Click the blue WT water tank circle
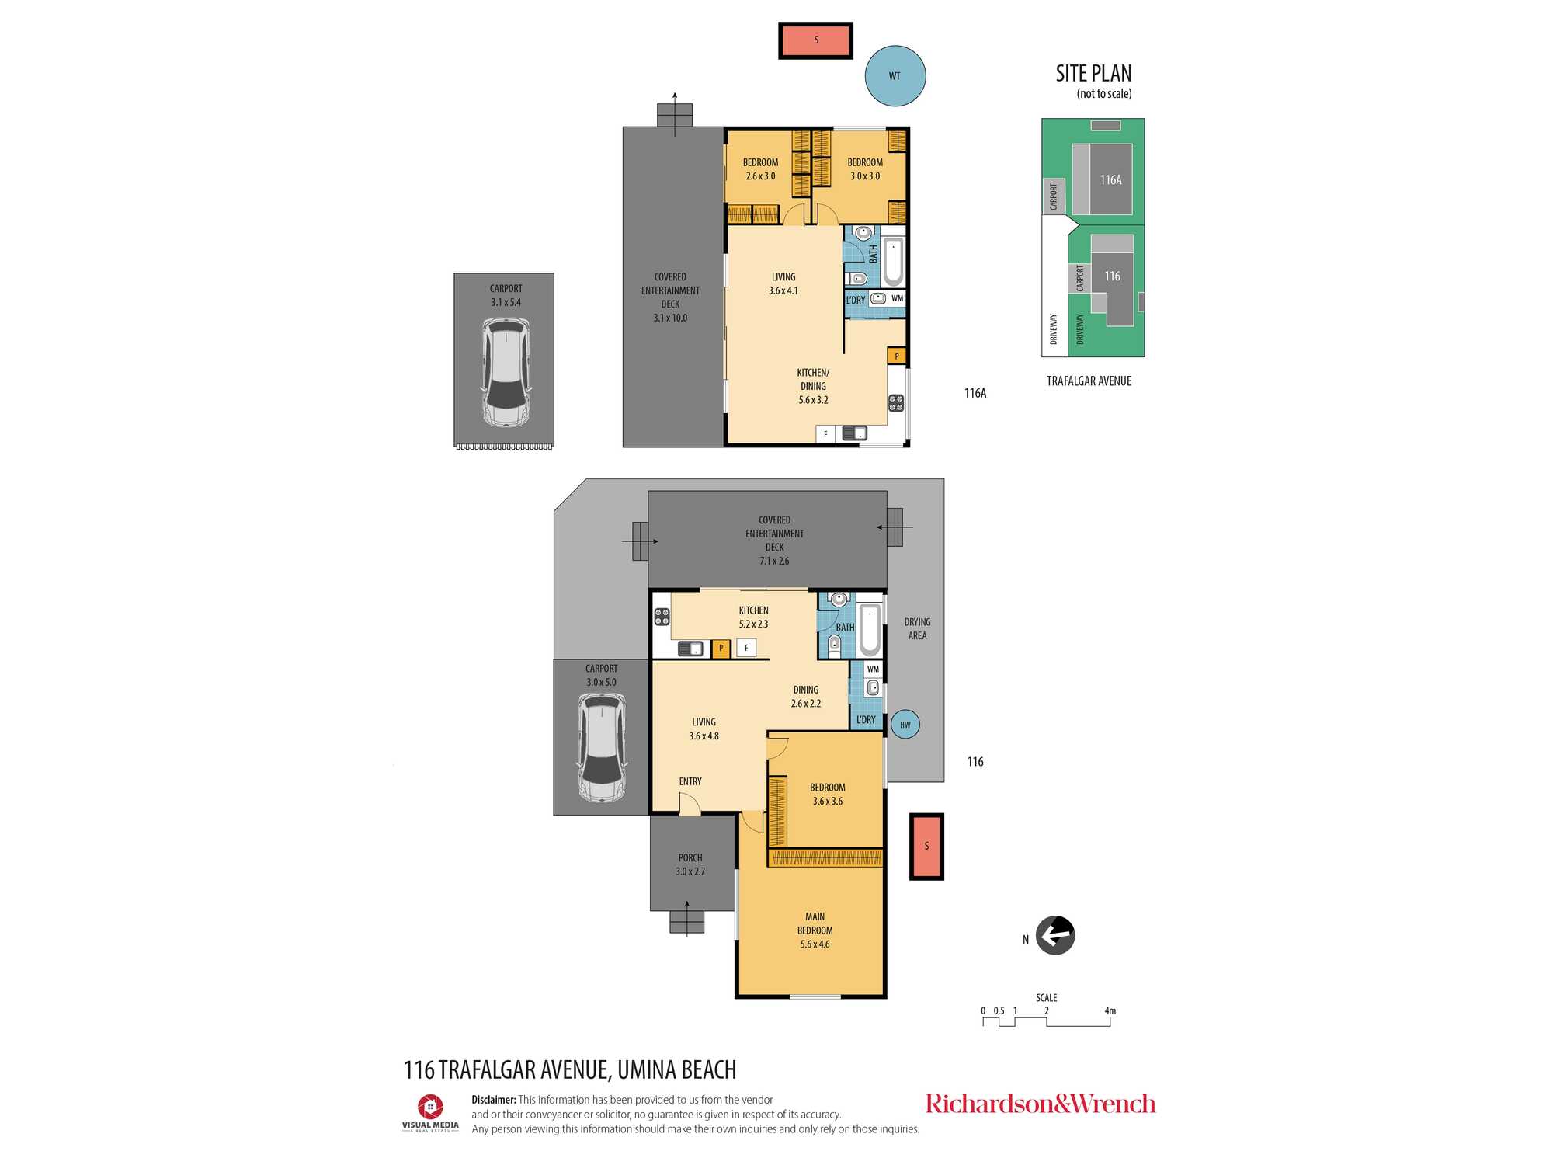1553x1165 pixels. [x=895, y=76]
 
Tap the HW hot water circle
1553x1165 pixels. [x=905, y=725]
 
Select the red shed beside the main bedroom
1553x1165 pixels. [x=926, y=847]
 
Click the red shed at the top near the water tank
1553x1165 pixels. [x=816, y=40]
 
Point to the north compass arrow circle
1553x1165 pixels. [x=1055, y=935]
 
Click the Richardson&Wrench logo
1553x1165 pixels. [x=1041, y=1104]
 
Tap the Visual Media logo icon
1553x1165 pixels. [x=430, y=1106]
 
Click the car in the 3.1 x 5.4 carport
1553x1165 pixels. [x=506, y=373]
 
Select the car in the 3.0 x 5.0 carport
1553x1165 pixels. [x=602, y=749]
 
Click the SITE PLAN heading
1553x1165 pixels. [x=1093, y=74]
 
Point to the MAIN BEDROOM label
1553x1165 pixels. [x=815, y=923]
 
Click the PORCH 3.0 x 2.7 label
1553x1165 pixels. [x=690, y=864]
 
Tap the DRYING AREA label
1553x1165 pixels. [x=917, y=629]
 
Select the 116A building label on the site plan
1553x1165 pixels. [x=1110, y=180]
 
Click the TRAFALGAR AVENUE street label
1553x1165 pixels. [x=1089, y=381]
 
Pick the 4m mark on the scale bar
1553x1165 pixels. [x=1110, y=1011]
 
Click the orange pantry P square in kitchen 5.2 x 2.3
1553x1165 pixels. [x=721, y=648]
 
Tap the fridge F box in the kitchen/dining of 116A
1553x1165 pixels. [x=825, y=434]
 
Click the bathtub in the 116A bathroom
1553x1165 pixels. [x=893, y=262]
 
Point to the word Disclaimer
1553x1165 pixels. [x=494, y=1100]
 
